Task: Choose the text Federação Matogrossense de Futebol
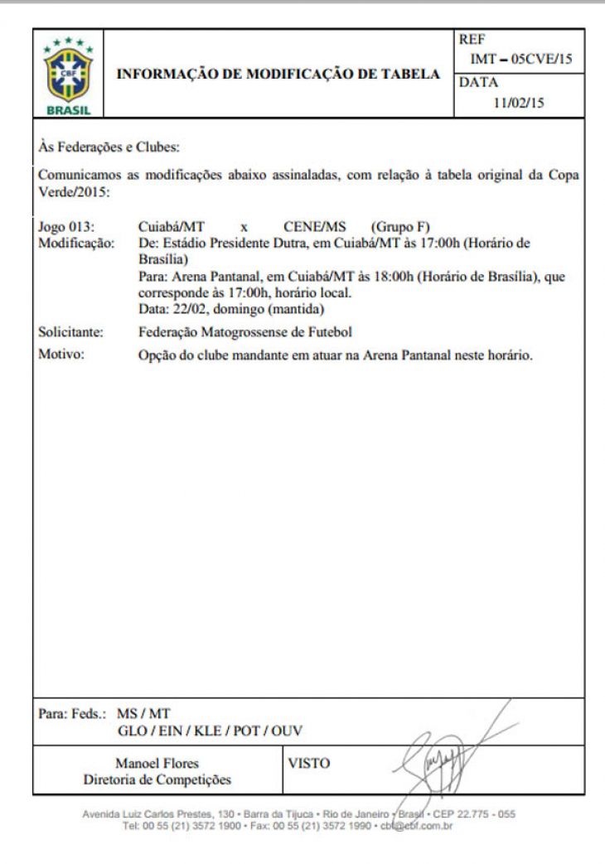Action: tap(245, 333)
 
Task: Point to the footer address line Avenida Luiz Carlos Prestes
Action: tap(302, 814)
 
